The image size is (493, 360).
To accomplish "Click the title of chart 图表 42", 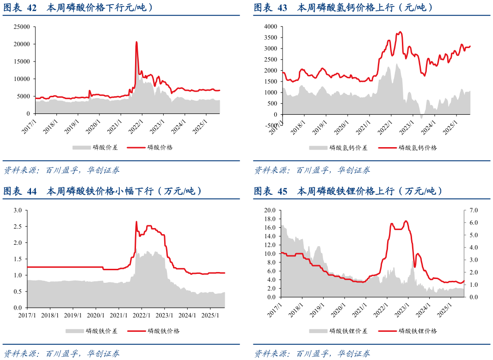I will point(79,7).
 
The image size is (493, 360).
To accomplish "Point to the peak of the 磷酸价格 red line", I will point(136,42).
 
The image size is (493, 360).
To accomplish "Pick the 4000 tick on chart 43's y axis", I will point(271,27).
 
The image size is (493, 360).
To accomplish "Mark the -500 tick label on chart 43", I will point(271,125).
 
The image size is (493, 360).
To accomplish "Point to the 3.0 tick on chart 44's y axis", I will point(18,210).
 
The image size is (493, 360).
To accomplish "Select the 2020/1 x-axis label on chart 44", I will point(95,315).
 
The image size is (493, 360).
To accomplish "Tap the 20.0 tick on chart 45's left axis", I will point(270,210).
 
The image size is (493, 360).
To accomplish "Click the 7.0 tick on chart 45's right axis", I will point(473,210).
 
